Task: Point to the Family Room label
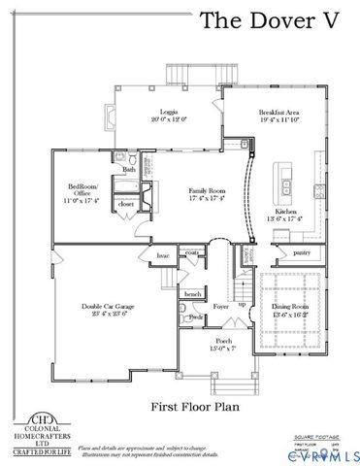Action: pyautogui.click(x=205, y=195)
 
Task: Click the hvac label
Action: pyautogui.click(x=162, y=255)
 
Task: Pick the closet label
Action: pyautogui.click(x=125, y=205)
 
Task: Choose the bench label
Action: pyautogui.click(x=193, y=292)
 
